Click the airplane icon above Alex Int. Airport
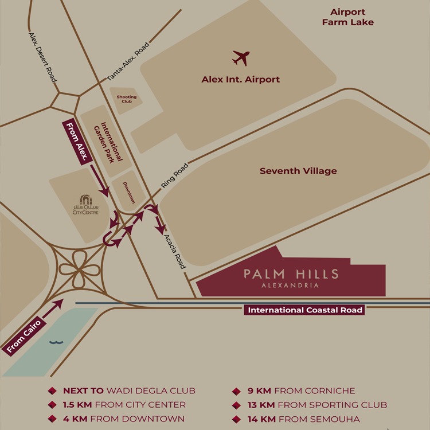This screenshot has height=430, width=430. tap(241, 57)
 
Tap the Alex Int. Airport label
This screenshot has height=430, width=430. tap(241, 80)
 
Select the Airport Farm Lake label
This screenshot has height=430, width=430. tap(347, 17)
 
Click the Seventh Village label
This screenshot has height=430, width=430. tap(298, 171)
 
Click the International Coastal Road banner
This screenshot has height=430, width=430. tap(304, 310)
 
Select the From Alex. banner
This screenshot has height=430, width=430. tap(76, 143)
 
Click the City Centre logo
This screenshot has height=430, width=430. tap(85, 205)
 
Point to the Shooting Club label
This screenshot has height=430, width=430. tap(127, 99)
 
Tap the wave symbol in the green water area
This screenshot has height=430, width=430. tap(56, 342)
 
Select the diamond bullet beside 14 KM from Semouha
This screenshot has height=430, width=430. tap(236, 420)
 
